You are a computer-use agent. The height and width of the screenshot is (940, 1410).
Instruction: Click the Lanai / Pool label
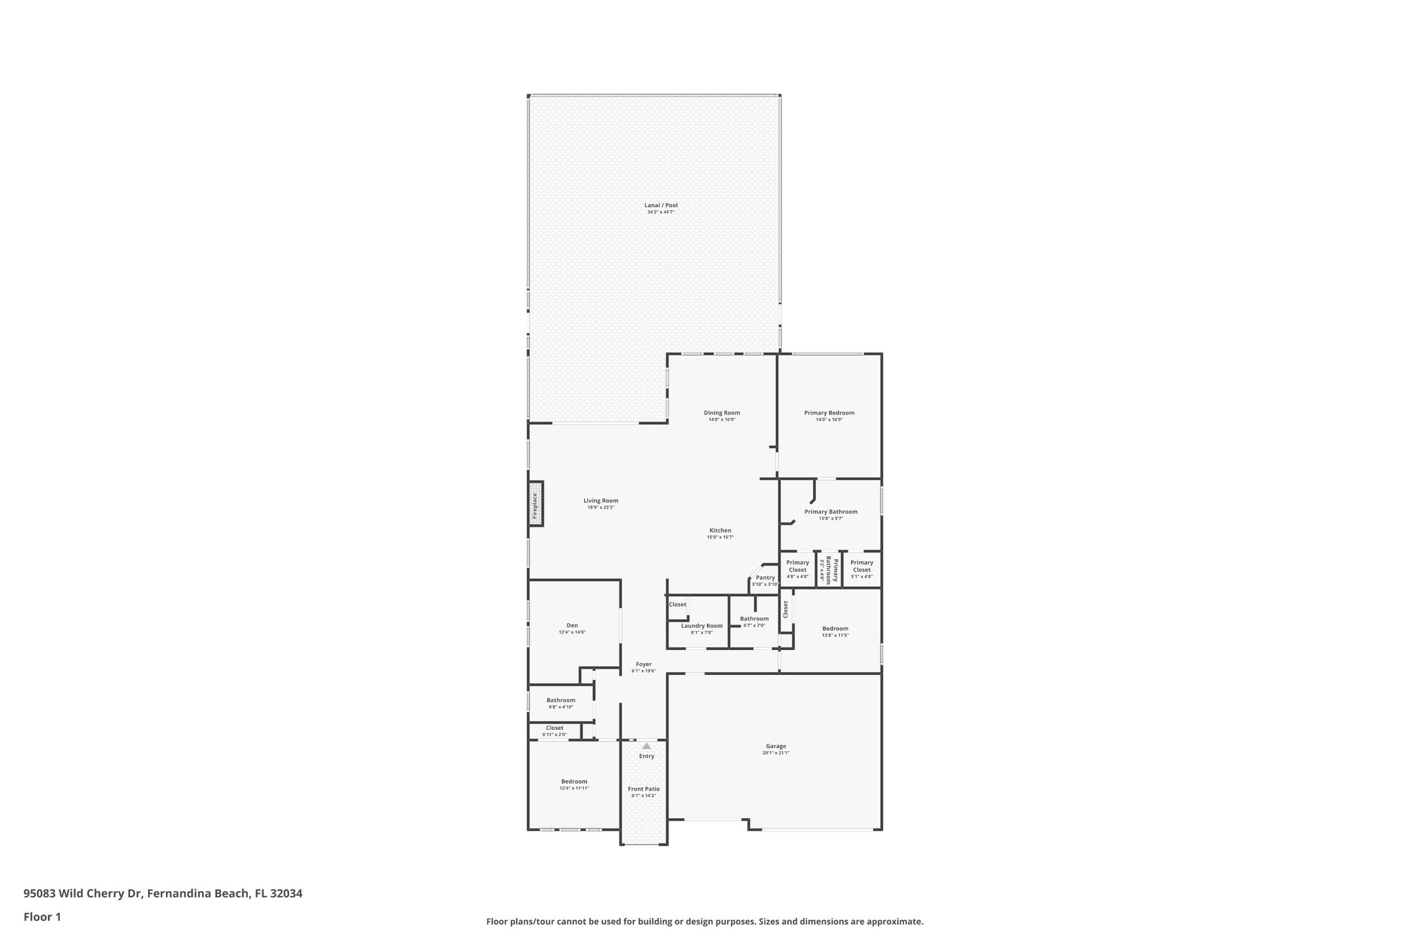tap(660, 205)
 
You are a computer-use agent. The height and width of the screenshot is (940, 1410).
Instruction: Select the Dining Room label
tap(722, 413)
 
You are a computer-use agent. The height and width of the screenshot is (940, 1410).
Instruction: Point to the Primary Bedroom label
tap(829, 413)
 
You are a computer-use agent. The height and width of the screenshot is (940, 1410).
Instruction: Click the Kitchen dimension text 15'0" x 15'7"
tap(720, 537)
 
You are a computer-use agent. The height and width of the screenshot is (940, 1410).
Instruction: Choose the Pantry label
tap(765, 578)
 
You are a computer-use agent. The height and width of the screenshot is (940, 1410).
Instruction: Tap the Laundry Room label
tap(702, 626)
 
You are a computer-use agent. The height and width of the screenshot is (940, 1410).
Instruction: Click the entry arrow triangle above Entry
tap(646, 746)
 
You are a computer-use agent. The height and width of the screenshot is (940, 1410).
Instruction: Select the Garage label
tap(775, 746)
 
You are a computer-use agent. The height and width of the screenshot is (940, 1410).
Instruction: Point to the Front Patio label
tap(644, 789)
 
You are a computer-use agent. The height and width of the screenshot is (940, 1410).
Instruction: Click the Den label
tap(572, 625)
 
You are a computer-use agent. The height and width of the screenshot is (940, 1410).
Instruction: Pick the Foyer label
tap(644, 665)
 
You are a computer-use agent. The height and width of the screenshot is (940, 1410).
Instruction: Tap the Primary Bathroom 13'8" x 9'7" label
tap(830, 512)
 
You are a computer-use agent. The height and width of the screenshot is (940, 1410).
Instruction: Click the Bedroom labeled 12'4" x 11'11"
tap(574, 782)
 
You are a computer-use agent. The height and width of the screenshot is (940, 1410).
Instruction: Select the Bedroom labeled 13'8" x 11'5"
tap(835, 628)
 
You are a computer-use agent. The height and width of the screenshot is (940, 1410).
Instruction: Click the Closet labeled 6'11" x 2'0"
tap(554, 728)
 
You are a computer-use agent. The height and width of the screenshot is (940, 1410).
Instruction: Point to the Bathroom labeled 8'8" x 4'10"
tap(560, 700)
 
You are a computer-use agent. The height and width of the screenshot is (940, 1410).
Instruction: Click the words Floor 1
tap(42, 917)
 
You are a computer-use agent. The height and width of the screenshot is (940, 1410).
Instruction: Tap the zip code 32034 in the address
tap(286, 894)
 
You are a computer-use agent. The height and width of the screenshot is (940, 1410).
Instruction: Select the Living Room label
tap(600, 501)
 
